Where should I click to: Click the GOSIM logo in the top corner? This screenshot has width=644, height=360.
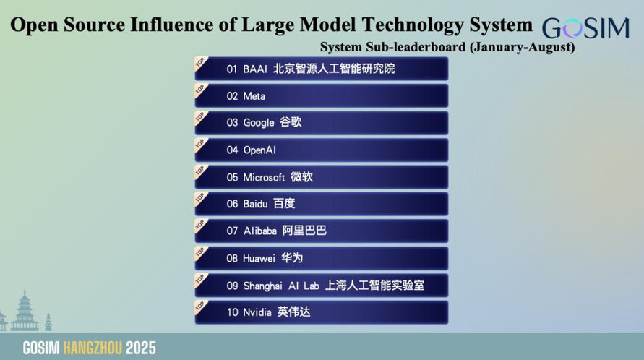pos(585,28)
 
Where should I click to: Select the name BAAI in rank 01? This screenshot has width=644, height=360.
pos(255,69)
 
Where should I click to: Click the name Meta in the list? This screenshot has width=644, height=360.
pos(254,96)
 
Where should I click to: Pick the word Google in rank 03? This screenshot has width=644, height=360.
pos(259,123)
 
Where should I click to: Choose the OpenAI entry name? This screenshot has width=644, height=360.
pos(259,150)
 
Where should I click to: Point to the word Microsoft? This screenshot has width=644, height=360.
pos(264,178)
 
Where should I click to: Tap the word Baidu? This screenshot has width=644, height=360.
pos(255,204)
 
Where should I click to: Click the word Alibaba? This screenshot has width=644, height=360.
pos(260,231)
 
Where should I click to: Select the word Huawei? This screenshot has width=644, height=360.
pos(259,259)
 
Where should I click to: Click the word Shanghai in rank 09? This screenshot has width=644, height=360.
pos(263,286)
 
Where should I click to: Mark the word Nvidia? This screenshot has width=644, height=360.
pos(257,312)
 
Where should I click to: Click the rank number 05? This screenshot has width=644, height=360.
pos(232,178)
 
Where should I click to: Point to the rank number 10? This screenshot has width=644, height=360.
pos(233,312)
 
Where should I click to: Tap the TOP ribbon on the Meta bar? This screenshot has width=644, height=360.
pos(201,90)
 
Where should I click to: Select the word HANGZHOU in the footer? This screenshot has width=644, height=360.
pos(93,348)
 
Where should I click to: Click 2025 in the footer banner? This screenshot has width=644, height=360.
pos(141,348)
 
